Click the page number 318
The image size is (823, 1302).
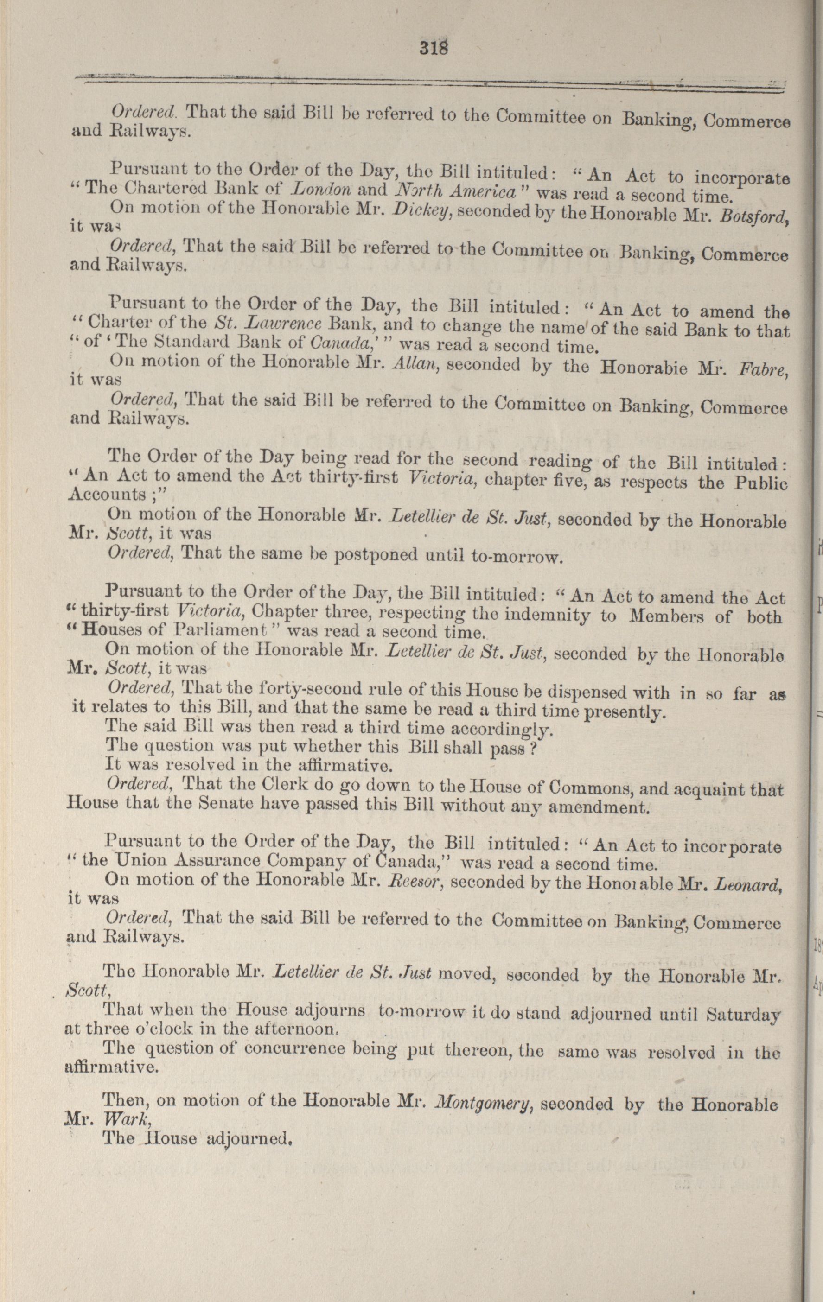434,49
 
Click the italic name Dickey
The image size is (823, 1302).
421,210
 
